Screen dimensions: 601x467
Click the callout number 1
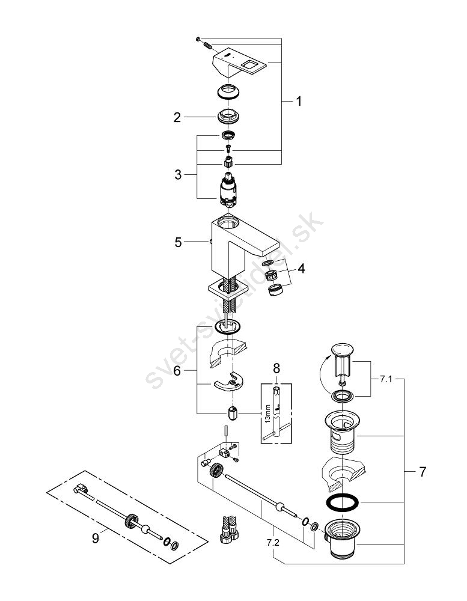[x=299, y=102]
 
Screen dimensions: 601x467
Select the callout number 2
[x=177, y=118]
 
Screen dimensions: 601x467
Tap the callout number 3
[x=177, y=175]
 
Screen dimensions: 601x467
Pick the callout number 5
[x=177, y=242]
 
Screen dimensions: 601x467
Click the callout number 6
[x=177, y=371]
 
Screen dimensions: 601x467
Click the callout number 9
[x=96, y=538]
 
